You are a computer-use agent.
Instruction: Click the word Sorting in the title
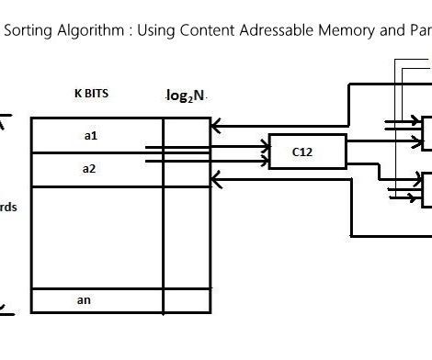tap(28, 30)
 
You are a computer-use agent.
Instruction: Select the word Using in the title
tap(153, 30)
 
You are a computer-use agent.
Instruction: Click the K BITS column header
tap(93, 94)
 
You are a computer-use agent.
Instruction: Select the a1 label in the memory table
tap(90, 135)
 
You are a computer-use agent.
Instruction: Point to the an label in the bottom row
tap(84, 300)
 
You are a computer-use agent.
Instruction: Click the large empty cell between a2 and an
tap(97, 236)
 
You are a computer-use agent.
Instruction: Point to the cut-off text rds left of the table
tap(8, 207)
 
